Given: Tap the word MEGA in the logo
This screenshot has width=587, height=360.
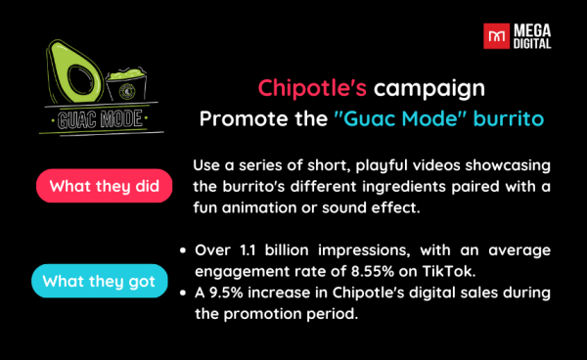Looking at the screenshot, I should [x=532, y=31].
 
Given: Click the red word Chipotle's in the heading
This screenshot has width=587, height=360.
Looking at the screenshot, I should [x=313, y=88].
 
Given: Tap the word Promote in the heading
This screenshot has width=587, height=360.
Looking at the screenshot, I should [x=233, y=118].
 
